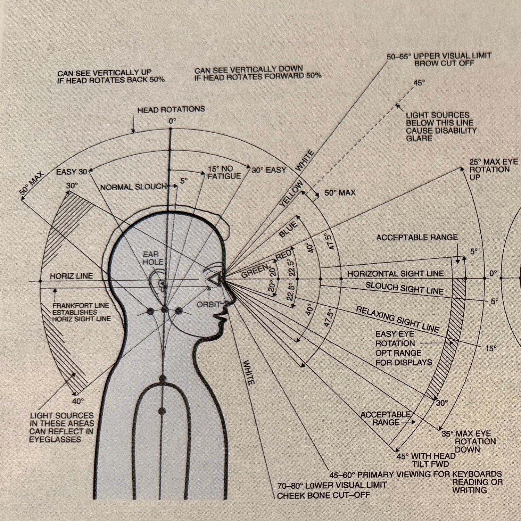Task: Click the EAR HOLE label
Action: (x=153, y=258)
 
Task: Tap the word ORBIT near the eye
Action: (x=208, y=305)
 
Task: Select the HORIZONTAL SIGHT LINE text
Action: (x=396, y=274)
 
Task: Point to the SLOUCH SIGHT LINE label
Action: (x=404, y=288)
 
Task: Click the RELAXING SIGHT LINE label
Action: (x=398, y=319)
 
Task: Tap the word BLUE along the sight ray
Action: (x=288, y=230)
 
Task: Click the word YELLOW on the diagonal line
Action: (x=291, y=193)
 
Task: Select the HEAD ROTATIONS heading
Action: (x=171, y=110)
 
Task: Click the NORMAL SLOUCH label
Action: (x=133, y=187)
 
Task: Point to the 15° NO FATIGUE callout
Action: (x=224, y=173)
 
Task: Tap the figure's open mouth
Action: (x=221, y=317)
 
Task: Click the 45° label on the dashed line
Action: (x=419, y=83)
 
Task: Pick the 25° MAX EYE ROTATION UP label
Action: (x=489, y=169)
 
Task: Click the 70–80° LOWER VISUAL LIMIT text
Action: (x=332, y=485)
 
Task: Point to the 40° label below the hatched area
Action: (x=78, y=401)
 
